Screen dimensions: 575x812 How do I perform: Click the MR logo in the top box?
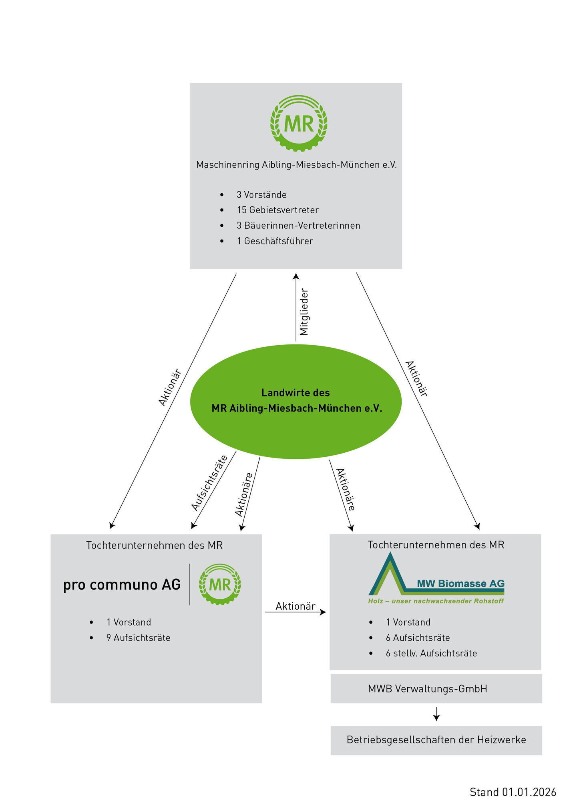click(299, 123)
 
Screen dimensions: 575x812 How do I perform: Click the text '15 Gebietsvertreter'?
click(277, 210)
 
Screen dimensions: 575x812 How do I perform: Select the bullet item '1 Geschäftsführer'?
click(275, 241)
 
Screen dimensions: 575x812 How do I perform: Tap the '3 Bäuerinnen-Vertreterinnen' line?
click(298, 226)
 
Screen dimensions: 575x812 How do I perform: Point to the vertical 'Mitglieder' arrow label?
click(304, 312)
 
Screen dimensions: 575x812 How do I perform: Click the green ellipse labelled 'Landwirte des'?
click(296, 401)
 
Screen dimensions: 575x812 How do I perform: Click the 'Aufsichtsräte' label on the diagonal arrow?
click(209, 482)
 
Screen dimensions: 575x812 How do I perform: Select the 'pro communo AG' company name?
click(122, 585)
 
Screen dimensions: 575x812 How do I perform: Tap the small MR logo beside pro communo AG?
click(220, 584)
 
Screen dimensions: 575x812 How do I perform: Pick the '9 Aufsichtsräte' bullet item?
click(138, 638)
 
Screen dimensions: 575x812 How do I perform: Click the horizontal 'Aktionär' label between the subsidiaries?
click(296, 606)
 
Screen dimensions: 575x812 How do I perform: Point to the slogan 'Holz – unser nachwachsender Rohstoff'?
click(436, 601)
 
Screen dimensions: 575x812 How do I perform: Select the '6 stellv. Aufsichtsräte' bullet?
click(431, 653)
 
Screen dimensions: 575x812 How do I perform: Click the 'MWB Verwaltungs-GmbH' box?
click(436, 688)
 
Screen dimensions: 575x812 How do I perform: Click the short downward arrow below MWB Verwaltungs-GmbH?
click(436, 714)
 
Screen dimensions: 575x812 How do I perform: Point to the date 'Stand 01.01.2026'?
click(513, 792)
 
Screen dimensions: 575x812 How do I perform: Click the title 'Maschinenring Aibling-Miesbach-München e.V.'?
click(296, 165)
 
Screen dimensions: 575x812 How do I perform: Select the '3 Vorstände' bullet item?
click(261, 195)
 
